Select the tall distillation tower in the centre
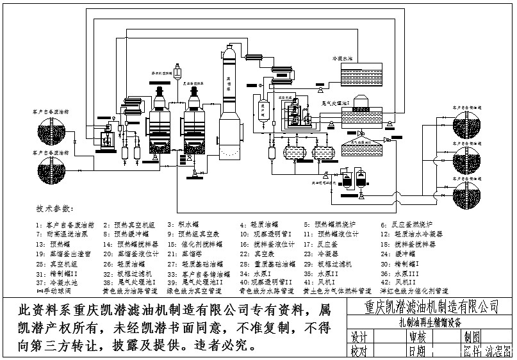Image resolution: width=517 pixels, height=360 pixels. click(x=229, y=102)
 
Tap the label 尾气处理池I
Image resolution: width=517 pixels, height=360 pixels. click(x=334, y=102)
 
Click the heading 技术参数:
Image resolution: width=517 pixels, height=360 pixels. click(x=55, y=209)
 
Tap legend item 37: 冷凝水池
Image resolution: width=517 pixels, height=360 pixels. click(x=58, y=281)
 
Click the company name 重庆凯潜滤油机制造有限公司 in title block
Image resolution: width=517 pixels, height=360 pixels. click(x=430, y=306)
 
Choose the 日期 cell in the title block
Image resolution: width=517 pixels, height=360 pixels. click(x=416, y=352)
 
